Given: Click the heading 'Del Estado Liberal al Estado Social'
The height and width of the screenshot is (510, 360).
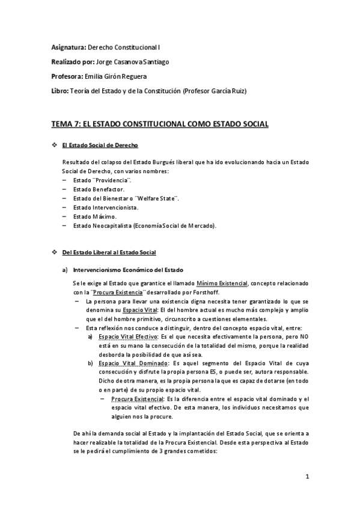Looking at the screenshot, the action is tap(108, 252).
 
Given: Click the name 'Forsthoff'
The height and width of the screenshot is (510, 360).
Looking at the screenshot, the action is tap(210, 292).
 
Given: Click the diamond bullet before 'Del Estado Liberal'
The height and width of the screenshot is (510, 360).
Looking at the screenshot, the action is tap(55, 252).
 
